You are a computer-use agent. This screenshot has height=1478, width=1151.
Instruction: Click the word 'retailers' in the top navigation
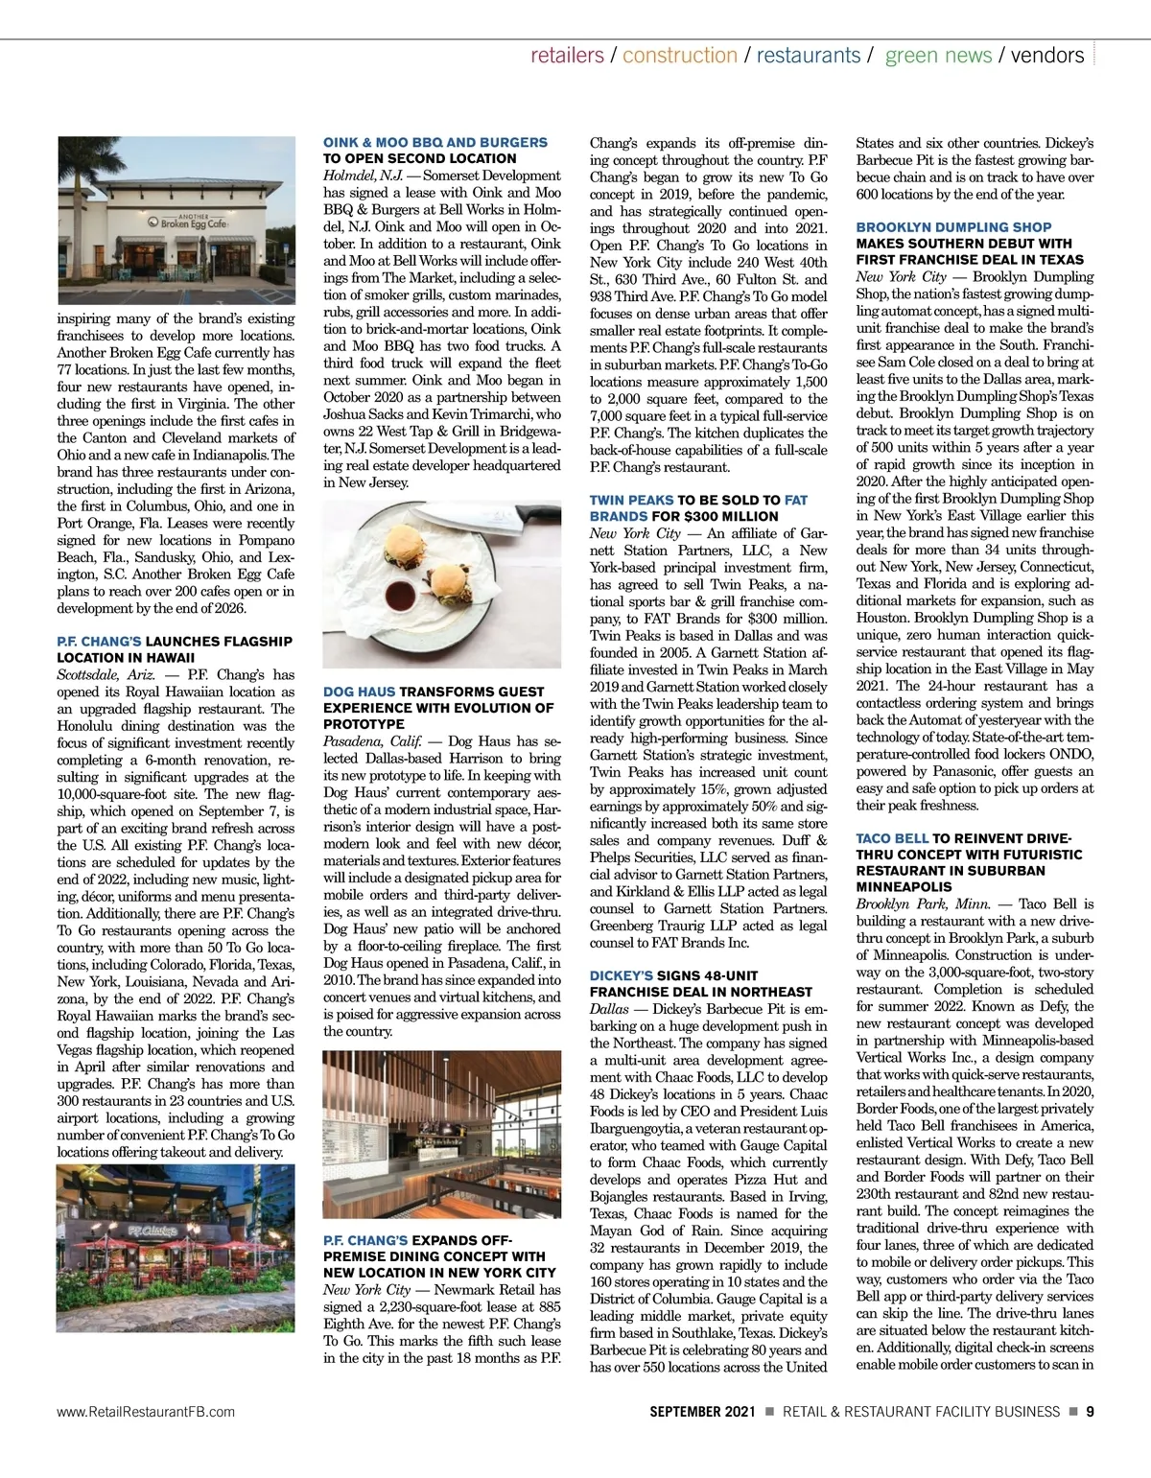567,56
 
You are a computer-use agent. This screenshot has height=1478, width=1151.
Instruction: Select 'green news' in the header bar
938,56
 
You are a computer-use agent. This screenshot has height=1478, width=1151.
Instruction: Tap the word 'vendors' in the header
1047,56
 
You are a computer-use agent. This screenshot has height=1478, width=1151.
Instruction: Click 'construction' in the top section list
680,56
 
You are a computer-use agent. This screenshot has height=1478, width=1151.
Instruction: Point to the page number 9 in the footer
1091,1411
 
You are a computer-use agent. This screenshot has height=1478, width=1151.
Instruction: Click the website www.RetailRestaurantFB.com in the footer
146,1412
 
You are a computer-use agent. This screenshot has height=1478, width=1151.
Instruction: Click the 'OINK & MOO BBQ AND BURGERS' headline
435,142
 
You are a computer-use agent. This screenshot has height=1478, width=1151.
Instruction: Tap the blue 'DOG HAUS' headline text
359,692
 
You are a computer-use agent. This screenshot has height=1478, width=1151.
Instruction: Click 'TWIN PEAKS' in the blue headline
631,500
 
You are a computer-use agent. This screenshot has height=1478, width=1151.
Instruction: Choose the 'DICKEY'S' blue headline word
622,975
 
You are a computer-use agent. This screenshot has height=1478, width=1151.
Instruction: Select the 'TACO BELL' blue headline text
892,838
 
